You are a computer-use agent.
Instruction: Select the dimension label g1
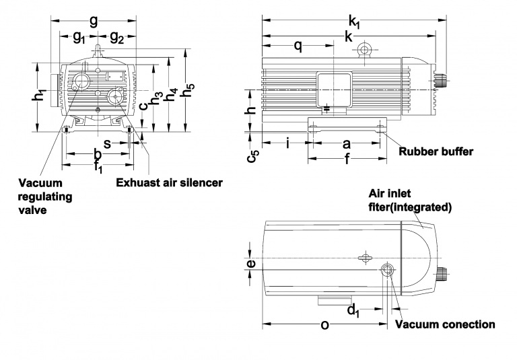(x=79, y=38)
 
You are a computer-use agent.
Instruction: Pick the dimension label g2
(x=116, y=38)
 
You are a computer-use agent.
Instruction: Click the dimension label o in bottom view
(x=325, y=325)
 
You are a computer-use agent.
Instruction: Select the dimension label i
(x=288, y=143)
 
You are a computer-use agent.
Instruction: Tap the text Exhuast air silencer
(x=169, y=182)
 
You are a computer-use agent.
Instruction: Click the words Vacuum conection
(x=445, y=324)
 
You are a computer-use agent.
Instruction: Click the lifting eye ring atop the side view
(x=366, y=49)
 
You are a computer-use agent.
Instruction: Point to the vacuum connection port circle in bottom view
(x=388, y=271)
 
